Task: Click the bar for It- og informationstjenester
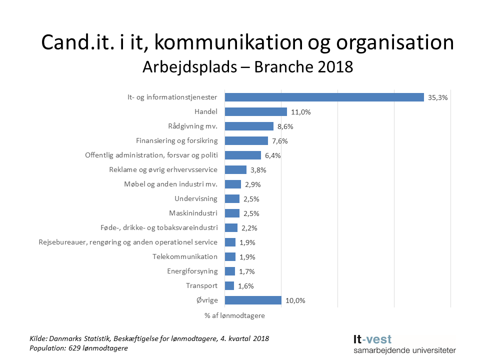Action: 324,97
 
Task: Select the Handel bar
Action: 256,112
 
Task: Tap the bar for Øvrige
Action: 253,300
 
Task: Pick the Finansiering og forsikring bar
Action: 246,141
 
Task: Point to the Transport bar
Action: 229,286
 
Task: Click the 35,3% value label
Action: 437,97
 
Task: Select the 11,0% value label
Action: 301,112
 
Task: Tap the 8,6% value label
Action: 286,126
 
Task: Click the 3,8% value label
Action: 258,170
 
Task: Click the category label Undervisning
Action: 196,198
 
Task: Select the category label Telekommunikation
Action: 185,256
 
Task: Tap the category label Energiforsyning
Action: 192,271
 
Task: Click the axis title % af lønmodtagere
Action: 234,316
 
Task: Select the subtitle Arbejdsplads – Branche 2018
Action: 247,66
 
